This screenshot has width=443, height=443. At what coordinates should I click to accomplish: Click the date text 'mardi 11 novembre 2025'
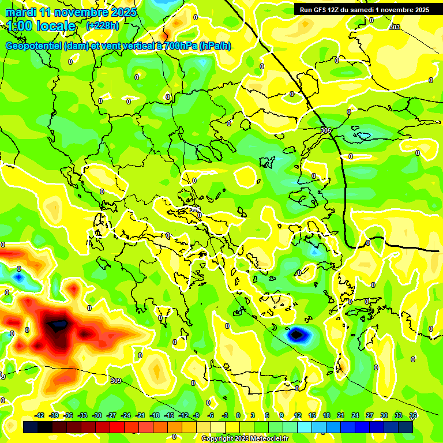(71, 12)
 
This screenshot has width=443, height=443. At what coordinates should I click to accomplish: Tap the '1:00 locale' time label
(42, 26)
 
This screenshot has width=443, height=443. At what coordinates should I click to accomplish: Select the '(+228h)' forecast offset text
(103, 26)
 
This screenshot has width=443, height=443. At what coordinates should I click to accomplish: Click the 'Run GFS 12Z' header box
(364, 10)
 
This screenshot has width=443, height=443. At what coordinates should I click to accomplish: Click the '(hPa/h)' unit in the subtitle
(215, 46)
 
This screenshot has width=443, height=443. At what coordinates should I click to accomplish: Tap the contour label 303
(395, 27)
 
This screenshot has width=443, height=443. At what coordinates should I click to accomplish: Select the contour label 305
(326, 131)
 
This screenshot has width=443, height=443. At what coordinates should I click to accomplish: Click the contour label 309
(115, 381)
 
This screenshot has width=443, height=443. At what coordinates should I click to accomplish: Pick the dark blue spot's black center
(296, 333)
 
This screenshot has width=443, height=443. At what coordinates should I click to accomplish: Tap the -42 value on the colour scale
(40, 415)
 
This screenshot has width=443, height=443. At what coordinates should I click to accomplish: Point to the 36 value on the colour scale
(413, 415)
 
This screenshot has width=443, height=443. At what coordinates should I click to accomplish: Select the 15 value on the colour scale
(312, 415)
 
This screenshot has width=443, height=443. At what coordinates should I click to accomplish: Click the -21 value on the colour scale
(140, 415)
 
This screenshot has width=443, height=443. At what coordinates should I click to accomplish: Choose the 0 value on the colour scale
(238, 415)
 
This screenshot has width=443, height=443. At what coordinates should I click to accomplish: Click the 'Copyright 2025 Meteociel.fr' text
(245, 438)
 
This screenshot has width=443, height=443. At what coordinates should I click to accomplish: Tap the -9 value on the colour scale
(196, 415)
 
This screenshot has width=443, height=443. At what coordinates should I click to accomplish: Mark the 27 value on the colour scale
(370, 415)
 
